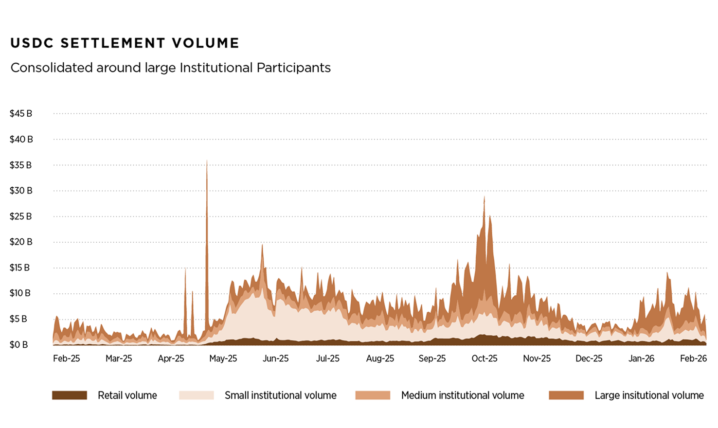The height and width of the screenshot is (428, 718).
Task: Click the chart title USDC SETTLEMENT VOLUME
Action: pos(125,43)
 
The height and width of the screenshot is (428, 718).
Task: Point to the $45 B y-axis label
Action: pos(21,114)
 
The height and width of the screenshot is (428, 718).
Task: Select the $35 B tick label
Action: pos(21,165)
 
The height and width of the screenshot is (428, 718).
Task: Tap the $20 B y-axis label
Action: pos(21,242)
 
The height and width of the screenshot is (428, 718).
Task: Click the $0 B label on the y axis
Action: pos(19,345)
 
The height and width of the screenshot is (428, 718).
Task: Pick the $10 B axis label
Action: pos(21,293)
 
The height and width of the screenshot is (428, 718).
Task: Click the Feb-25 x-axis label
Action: pos(67,358)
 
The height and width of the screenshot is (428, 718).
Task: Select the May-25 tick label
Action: pos(223,358)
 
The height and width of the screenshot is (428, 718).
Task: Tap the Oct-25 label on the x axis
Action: pos(485,358)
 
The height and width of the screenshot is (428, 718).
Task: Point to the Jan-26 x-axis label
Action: pos(642,358)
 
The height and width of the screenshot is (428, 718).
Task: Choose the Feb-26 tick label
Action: pos(693,358)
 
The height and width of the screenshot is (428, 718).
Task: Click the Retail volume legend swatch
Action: pos(70,395)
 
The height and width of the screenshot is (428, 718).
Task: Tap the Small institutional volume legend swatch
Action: pos(197,395)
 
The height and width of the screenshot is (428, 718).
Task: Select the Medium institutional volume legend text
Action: pos(463,395)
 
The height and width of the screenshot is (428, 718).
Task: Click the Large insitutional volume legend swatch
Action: pos(566,395)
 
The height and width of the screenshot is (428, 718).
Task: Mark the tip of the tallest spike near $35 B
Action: pos(207,161)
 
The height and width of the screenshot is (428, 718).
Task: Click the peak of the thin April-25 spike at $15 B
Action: pos(185,269)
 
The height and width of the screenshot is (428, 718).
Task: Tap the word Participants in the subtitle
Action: pos(294,68)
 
